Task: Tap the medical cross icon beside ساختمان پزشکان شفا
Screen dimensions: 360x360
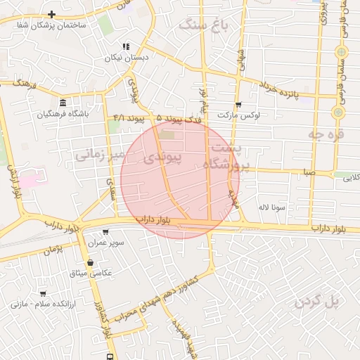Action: [x=52, y=14]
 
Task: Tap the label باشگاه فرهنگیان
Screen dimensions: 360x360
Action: [x=64, y=114]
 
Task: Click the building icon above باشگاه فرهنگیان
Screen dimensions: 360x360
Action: [x=63, y=103]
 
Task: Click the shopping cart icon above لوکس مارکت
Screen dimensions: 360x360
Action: [x=238, y=104]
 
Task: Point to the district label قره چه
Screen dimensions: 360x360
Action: [x=330, y=134]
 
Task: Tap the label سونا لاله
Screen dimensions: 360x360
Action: [x=271, y=207]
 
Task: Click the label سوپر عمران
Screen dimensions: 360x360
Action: [x=106, y=243]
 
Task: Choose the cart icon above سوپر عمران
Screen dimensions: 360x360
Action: [x=105, y=232]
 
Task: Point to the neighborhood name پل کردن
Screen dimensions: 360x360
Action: [x=317, y=301]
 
